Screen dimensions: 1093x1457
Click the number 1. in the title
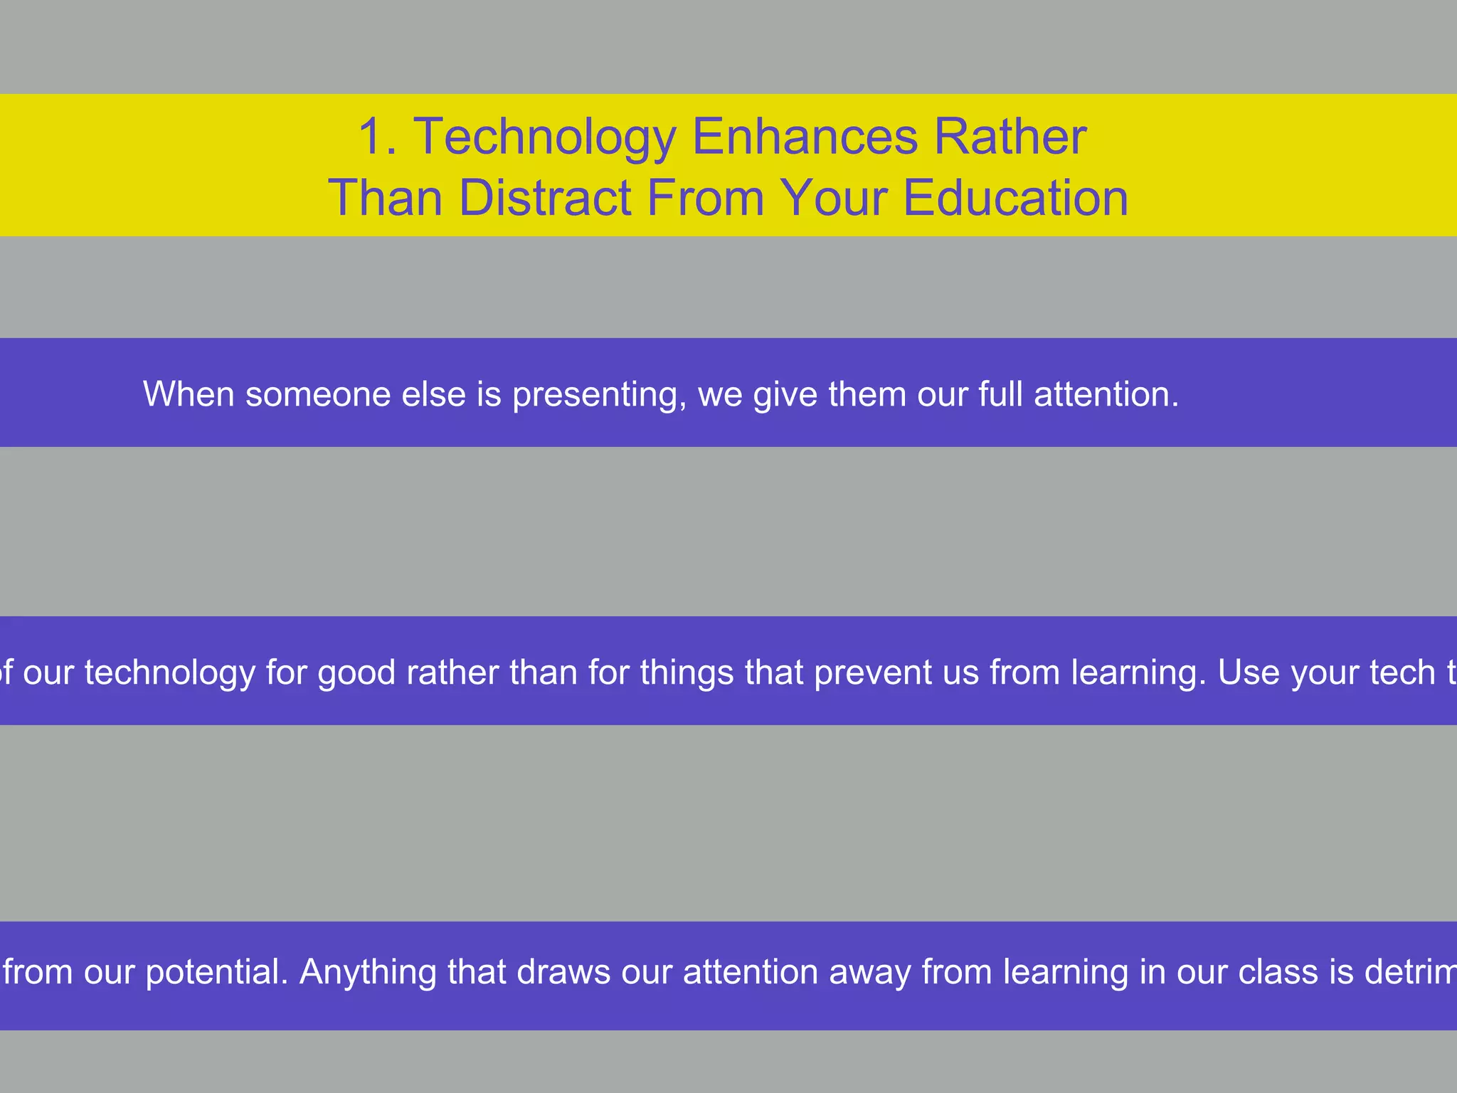click(376, 137)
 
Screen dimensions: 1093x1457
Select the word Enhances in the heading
click(805, 137)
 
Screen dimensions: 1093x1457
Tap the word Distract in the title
click(545, 198)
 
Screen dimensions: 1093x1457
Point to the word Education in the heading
click(1015, 198)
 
